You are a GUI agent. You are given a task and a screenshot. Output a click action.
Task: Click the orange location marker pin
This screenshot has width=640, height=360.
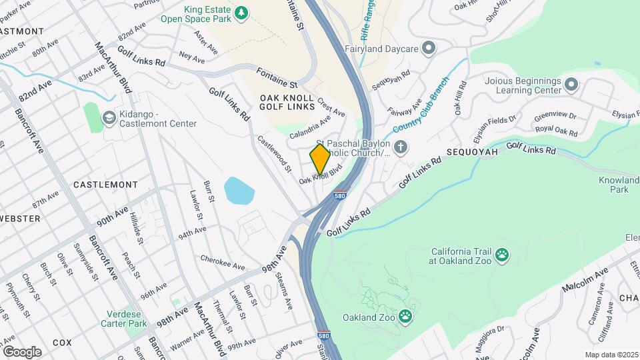[x=320, y=159]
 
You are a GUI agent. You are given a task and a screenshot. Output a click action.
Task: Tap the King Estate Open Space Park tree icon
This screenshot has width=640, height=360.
[x=241, y=12]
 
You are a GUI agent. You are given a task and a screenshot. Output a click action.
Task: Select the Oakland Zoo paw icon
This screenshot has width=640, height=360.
[x=405, y=315]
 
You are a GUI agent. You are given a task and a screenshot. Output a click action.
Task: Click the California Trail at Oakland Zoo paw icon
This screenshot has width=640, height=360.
[x=501, y=254]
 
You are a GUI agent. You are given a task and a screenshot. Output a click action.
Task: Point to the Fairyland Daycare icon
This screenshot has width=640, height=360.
[x=429, y=49]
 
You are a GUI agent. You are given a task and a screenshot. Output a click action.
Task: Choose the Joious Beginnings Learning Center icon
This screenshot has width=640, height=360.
[x=571, y=84]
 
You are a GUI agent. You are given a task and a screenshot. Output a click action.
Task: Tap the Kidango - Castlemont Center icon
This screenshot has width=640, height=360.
[x=108, y=118]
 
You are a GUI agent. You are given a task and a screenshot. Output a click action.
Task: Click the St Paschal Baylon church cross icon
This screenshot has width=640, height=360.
[x=400, y=147]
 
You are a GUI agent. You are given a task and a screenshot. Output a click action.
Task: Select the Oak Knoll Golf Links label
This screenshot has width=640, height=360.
[x=287, y=103]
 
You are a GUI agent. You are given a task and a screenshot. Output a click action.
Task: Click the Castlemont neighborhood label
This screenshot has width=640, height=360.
[x=105, y=184]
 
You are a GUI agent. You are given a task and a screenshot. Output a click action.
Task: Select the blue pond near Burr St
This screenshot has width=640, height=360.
[x=239, y=191]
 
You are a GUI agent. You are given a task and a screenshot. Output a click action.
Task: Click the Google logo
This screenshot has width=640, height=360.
[x=22, y=351]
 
